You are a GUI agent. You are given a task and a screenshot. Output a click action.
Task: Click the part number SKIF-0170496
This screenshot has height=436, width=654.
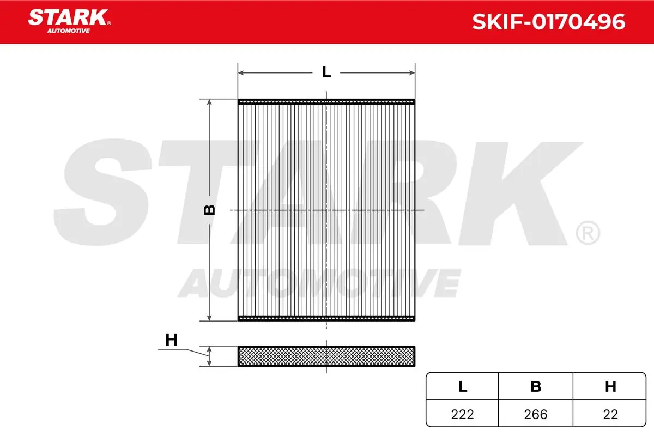(x=548, y=22)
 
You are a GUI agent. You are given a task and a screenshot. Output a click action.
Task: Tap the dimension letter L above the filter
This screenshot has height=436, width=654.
(x=326, y=72)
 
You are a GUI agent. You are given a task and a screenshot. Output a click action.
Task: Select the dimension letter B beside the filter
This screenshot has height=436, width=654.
(x=209, y=210)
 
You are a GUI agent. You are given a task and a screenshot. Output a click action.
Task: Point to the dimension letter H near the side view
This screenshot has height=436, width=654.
(x=171, y=340)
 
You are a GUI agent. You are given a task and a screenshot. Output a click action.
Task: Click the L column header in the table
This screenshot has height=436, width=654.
(x=462, y=387)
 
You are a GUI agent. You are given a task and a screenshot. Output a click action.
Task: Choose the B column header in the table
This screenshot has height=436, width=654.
(x=536, y=387)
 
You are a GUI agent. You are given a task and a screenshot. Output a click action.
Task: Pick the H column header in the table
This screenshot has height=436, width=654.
(x=610, y=387)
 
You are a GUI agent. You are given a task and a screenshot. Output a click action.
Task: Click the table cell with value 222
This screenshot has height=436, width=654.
(x=462, y=414)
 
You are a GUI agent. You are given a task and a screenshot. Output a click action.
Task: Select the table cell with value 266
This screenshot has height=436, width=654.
(x=536, y=414)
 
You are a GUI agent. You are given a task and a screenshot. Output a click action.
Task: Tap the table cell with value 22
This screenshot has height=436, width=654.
(x=610, y=414)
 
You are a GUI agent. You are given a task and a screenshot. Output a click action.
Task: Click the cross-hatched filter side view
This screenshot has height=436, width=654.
(x=326, y=356)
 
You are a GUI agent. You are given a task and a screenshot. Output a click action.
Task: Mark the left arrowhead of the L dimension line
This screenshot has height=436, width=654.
(x=241, y=72)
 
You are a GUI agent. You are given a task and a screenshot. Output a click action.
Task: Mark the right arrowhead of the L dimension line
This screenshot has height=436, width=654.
(x=411, y=72)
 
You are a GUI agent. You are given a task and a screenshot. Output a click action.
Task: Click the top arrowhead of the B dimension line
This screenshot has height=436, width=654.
(x=209, y=103)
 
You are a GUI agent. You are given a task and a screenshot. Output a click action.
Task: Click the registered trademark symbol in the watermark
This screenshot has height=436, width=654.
(x=587, y=233)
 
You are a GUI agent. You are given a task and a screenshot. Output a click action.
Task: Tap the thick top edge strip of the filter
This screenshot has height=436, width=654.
(x=326, y=101)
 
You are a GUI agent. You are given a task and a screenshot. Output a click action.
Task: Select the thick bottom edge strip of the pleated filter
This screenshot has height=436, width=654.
(x=326, y=319)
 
